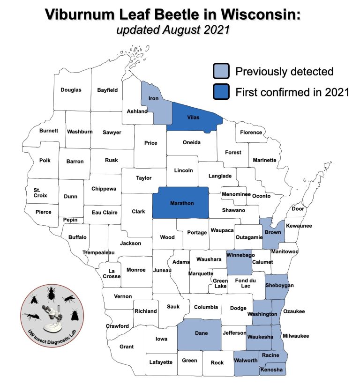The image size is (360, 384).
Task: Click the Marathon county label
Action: pos(182,204)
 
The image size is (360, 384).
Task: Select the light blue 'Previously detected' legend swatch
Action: pos(221,72)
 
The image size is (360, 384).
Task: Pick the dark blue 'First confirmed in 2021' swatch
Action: pos(221,92)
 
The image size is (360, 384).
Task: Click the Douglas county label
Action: pos(71,89)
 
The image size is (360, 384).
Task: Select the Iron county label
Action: pos(153,98)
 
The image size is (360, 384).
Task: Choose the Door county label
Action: pos(298,209)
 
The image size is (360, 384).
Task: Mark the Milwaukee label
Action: pos(296,336)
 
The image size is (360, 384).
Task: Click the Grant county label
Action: pos(127,347)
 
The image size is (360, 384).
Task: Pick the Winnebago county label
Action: pos(240,255)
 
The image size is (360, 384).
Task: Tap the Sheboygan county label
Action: pos(279,285)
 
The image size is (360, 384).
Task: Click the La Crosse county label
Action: pos(112,273)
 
